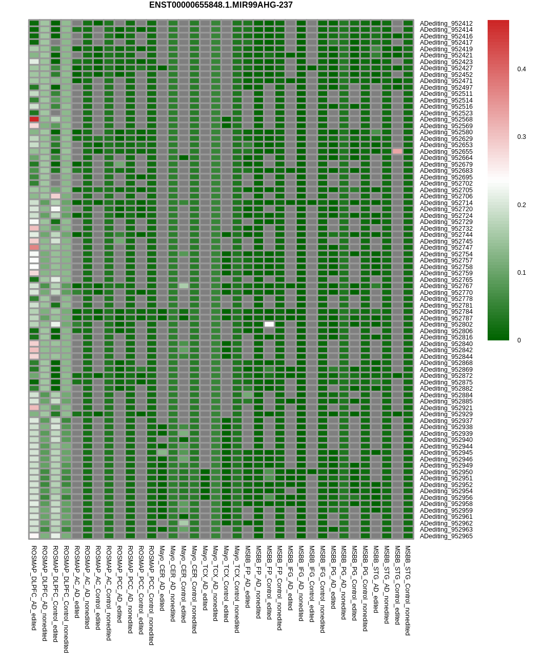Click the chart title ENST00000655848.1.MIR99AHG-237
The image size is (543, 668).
220,5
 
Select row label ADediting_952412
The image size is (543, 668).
446,24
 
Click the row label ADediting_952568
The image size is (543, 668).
446,119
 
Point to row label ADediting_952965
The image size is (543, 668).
446,536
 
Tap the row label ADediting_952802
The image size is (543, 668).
446,325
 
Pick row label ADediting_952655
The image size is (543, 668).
446,152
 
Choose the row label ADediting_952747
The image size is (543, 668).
446,248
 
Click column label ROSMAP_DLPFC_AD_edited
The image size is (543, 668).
34,588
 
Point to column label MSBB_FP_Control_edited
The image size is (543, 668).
269,582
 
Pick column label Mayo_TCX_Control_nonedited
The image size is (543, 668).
237,589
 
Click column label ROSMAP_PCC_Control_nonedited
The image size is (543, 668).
151,595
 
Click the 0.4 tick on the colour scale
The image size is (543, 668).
521,69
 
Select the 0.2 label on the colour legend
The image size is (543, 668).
521,205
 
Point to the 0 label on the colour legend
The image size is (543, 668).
519,340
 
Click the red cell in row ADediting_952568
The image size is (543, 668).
34,119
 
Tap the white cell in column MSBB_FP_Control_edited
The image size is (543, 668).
269,325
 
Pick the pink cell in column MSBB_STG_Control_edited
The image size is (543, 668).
397,152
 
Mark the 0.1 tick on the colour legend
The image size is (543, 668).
521,273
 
